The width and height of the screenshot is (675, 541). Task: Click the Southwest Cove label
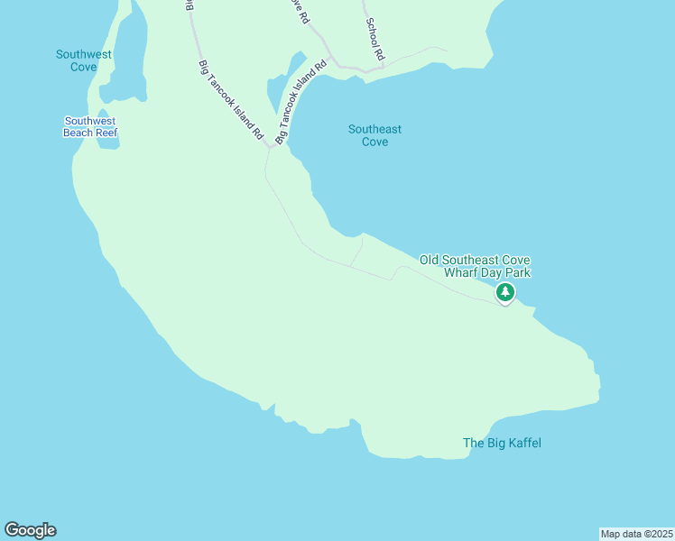click(84, 60)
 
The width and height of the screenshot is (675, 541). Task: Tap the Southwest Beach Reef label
click(90, 127)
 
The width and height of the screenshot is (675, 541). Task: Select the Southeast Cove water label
click(374, 135)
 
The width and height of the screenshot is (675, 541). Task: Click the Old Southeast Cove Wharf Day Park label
click(475, 266)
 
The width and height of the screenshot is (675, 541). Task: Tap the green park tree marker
click(505, 292)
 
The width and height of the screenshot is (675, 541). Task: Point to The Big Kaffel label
click(502, 443)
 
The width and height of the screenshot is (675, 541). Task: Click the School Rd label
click(374, 41)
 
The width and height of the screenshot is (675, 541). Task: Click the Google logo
click(30, 530)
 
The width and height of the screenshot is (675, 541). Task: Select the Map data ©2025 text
click(636, 534)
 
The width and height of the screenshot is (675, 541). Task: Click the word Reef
click(106, 133)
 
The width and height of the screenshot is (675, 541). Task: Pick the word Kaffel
click(522, 443)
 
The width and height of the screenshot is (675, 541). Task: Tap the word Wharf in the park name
click(460, 272)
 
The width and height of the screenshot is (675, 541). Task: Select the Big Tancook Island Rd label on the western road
click(230, 99)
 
